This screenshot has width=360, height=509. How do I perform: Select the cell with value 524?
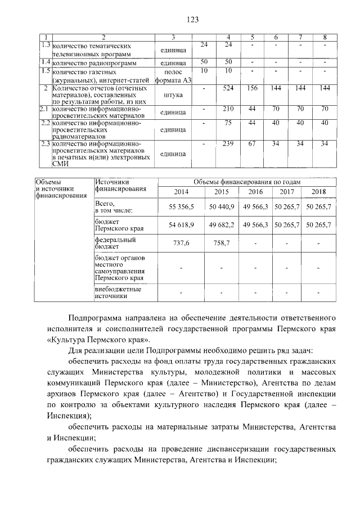click(228, 88)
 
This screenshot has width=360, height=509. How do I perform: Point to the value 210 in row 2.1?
click(228, 108)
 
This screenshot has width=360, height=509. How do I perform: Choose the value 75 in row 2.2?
click(228, 122)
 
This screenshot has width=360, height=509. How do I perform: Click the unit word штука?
click(172, 96)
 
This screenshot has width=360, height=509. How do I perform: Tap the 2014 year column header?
click(181, 192)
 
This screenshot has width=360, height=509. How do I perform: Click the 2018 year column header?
click(319, 192)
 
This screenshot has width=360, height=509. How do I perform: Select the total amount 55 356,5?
click(181, 207)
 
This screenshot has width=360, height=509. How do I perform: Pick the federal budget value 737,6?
click(181, 243)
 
